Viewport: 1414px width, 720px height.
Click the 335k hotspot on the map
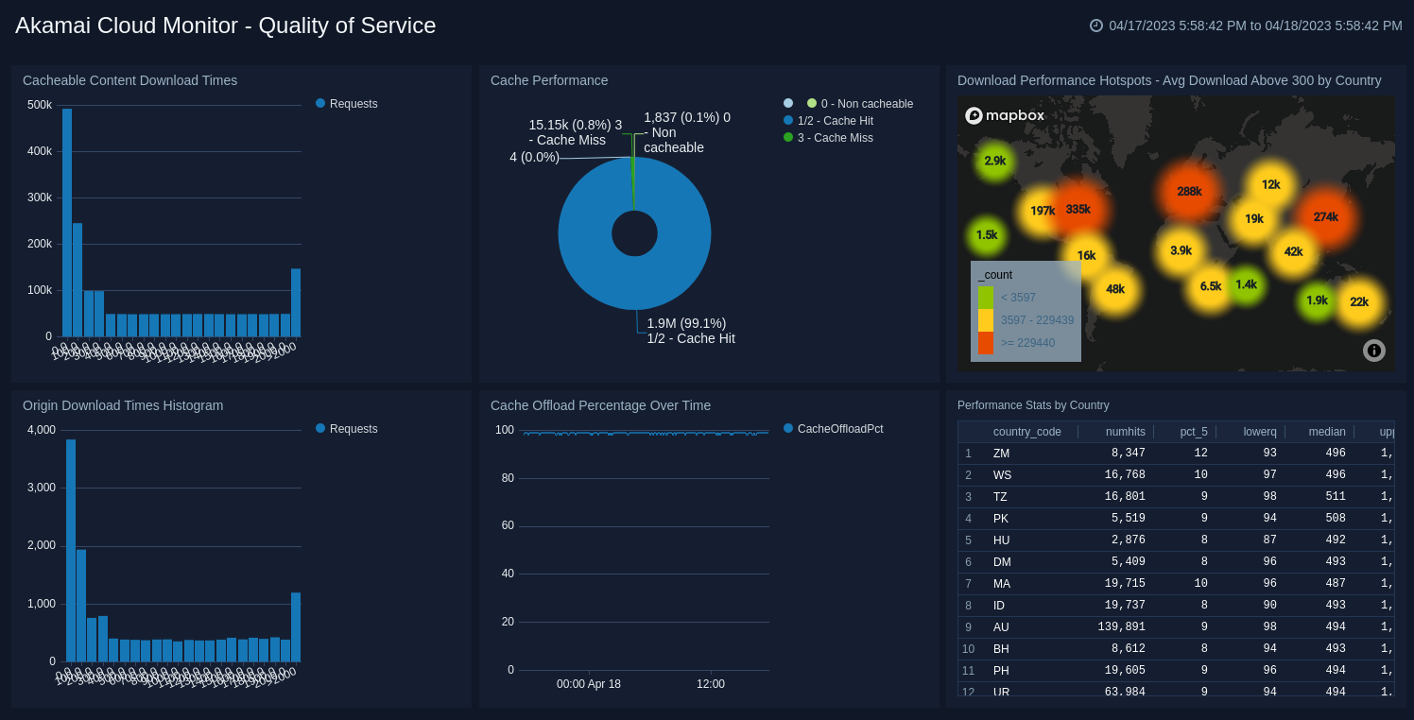1078,210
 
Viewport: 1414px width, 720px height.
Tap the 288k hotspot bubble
1189,192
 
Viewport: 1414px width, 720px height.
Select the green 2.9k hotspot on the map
994,162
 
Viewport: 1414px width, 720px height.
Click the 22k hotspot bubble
1359,302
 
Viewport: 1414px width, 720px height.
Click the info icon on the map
1374,351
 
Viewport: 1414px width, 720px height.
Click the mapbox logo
1005,115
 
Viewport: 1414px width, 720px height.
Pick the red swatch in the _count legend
986,343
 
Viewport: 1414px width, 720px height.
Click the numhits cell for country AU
1114,627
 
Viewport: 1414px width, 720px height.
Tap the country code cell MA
1001,584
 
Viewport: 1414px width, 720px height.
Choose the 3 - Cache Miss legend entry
835,138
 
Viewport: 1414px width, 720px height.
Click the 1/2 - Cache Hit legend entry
835,121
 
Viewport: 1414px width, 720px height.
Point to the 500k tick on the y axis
40,105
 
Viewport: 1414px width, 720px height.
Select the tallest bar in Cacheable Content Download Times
67,222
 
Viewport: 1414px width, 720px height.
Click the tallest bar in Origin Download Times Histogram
71,550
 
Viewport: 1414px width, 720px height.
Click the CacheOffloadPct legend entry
839,429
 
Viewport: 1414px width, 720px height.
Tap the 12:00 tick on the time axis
711,684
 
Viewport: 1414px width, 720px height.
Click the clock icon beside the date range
1096,26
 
